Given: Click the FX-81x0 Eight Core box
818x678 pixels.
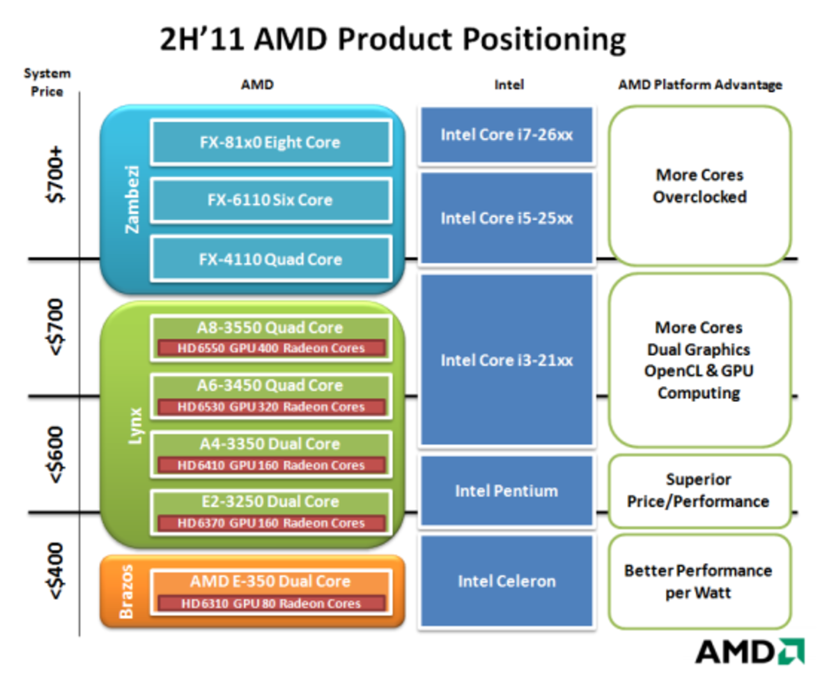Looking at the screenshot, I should pos(270,142).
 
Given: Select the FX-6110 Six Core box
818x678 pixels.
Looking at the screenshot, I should pos(270,200).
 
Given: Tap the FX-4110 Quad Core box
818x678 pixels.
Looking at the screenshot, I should pos(270,259).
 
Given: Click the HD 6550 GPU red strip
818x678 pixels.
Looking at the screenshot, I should pos(271,348).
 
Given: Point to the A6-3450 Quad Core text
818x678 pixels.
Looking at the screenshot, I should pos(270,385).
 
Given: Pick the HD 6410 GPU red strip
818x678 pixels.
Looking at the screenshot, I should pos(271,465).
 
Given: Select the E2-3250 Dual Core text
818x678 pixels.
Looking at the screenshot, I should pos(270,502).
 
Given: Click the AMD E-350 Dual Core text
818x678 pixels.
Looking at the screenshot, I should pos(270,581).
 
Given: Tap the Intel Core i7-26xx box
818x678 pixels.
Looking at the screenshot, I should pos(506,135).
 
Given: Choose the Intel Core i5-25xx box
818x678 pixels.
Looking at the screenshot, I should pos(506,218).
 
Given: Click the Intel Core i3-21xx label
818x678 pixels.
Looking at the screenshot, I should pos(506,360).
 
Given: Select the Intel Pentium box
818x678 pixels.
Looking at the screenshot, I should pos(506,491).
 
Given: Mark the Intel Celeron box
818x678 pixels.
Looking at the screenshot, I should pos(506,581).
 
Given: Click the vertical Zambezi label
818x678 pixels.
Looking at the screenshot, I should pos(132,199).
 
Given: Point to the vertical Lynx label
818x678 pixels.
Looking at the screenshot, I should pos(135,426).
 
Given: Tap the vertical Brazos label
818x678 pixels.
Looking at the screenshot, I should pos(127,592).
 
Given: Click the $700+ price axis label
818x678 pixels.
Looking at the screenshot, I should pos(56,174).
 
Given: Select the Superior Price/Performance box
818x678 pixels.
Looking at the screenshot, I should pos(698,491).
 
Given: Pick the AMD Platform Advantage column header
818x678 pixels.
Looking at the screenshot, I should pos(700,85).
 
